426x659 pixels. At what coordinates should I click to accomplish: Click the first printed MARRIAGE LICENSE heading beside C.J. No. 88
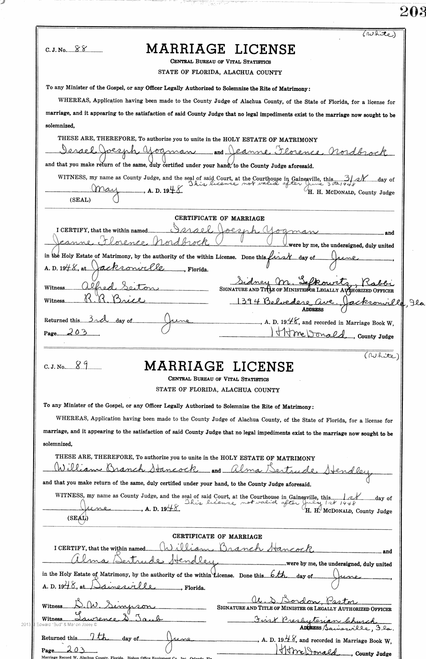coord(220,49)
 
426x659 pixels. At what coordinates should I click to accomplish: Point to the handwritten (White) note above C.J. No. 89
coord(381,356)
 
